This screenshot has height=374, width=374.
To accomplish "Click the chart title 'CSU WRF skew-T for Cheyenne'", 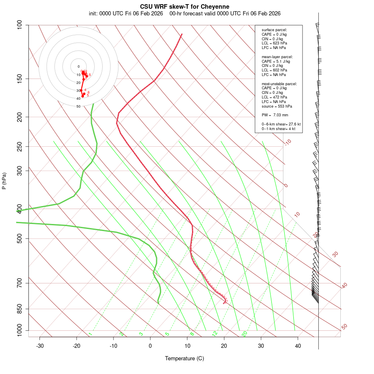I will tap(185, 7).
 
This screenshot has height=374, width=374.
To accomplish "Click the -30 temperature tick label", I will tap(40, 346).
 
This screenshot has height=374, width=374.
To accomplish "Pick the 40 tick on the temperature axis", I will tap(298, 346).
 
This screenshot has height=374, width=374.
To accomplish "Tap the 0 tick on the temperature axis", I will tap(150, 346).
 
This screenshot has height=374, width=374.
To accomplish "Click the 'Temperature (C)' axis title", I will tap(185, 358).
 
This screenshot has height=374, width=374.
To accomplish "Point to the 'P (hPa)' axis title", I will tap(4, 181).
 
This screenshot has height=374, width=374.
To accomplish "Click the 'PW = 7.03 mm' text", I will tap(275, 115).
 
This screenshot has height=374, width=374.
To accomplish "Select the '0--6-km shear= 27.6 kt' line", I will tap(281, 124).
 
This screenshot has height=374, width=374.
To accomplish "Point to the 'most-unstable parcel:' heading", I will tap(279, 84).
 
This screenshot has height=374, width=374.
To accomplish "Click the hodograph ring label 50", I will tap(78, 106).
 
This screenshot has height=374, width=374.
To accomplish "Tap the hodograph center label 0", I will tap(78, 66).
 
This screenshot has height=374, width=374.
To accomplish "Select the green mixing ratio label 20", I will tap(244, 333).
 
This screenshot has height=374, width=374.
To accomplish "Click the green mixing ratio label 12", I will tap(215, 333).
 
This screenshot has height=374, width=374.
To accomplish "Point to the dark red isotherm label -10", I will tap(288, 142).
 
